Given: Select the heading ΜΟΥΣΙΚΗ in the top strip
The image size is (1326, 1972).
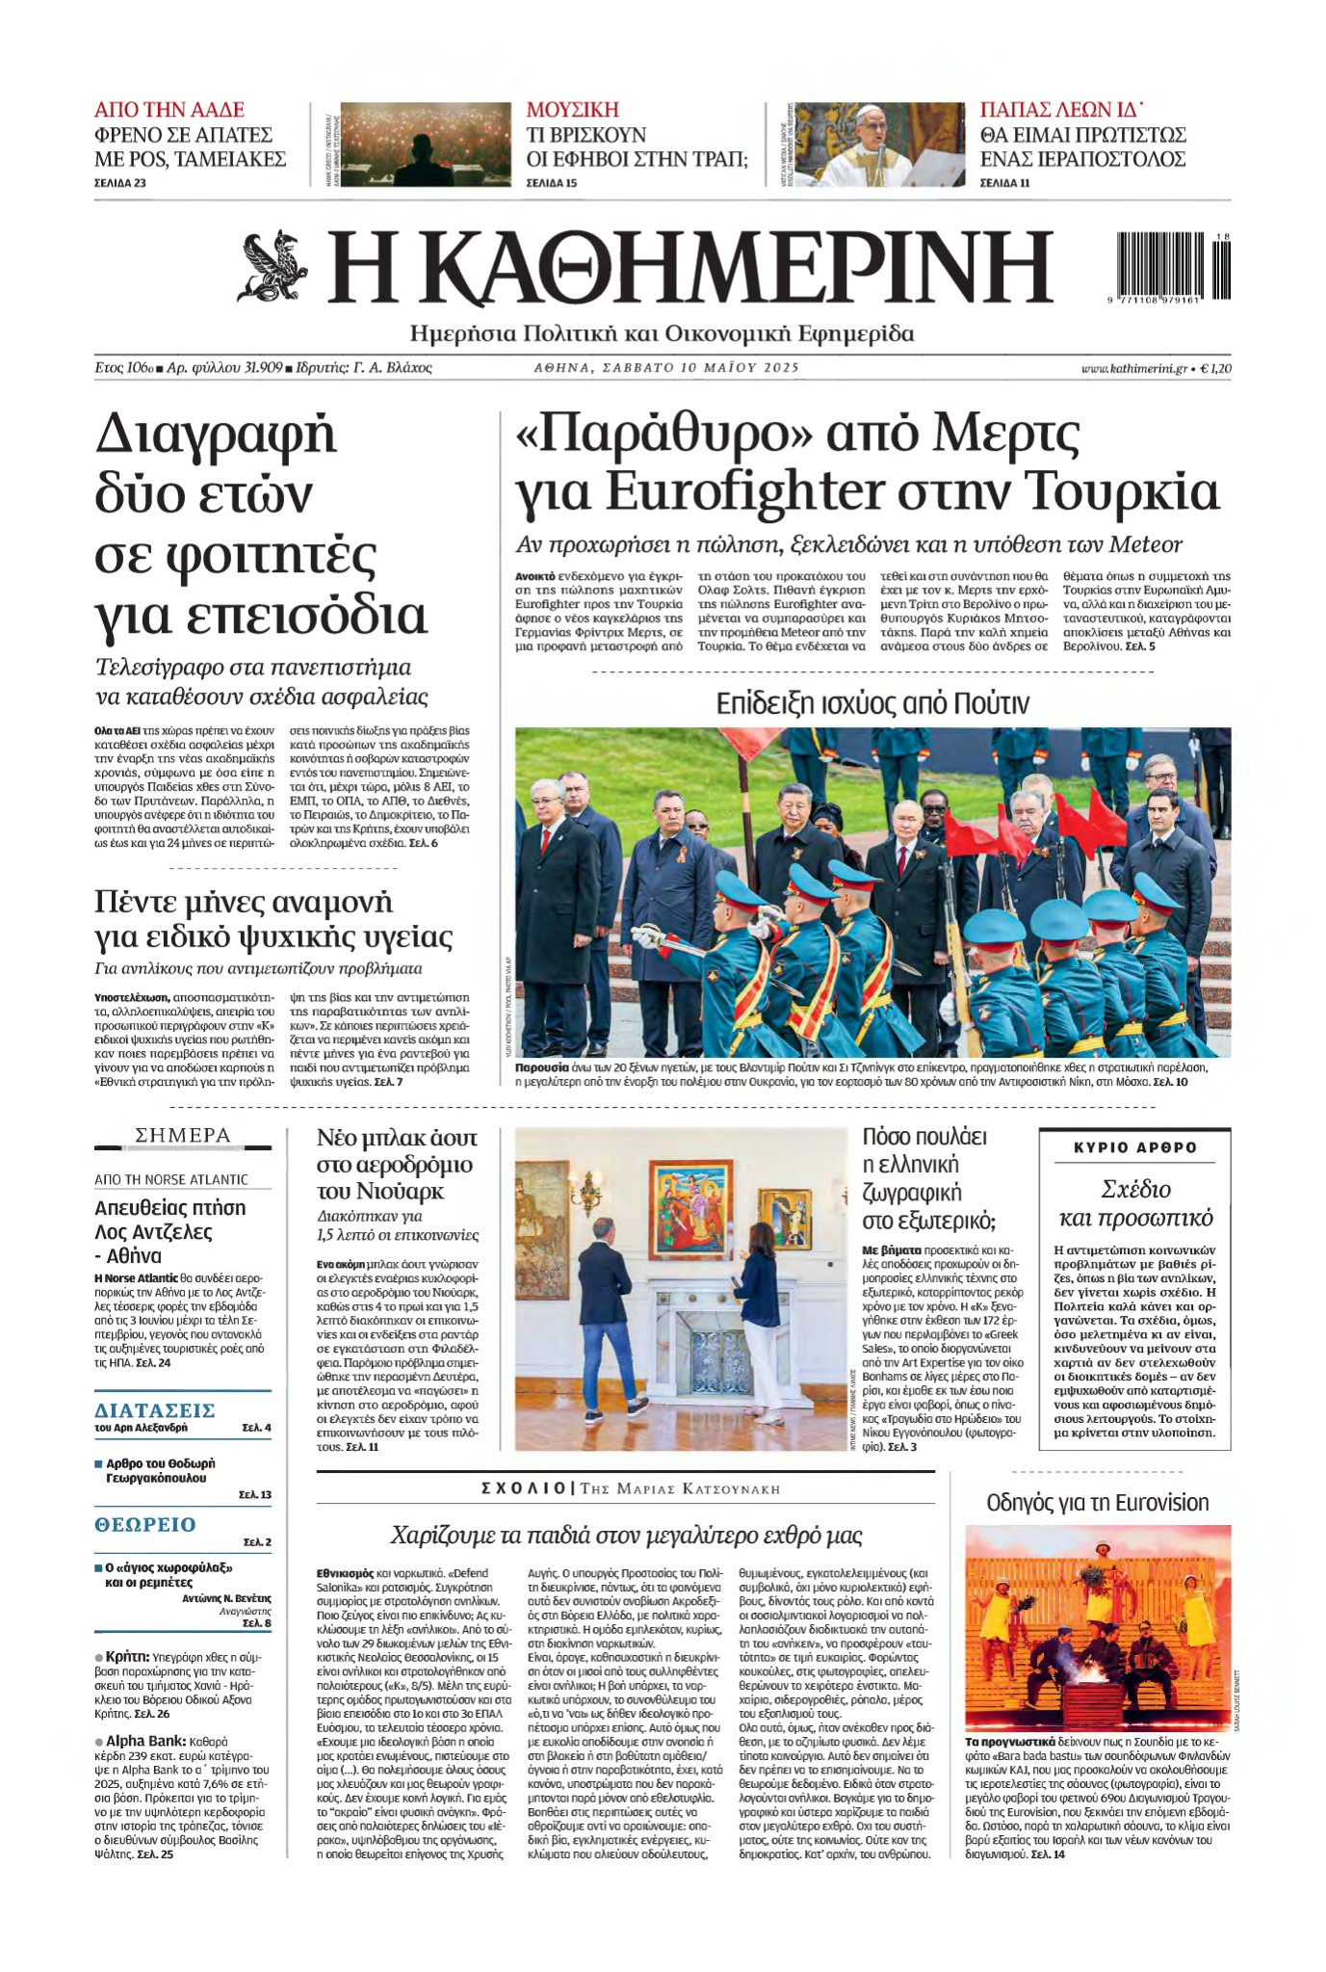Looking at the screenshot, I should click(572, 110).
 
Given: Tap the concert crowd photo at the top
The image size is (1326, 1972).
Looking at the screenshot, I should click(425, 145).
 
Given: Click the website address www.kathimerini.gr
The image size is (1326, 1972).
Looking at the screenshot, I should click(1133, 368).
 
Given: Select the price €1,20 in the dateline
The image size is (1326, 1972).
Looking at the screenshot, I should click(1215, 368).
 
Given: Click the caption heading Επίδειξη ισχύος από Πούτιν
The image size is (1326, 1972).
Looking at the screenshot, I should click(871, 703).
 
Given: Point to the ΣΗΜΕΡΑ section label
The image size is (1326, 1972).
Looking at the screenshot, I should click(183, 1136).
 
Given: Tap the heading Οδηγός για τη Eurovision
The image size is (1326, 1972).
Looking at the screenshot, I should click(1097, 1502).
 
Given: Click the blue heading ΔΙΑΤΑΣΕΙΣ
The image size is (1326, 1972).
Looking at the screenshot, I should click(154, 1410).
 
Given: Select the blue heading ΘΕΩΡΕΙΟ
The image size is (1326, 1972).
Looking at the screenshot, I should click(144, 1524).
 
